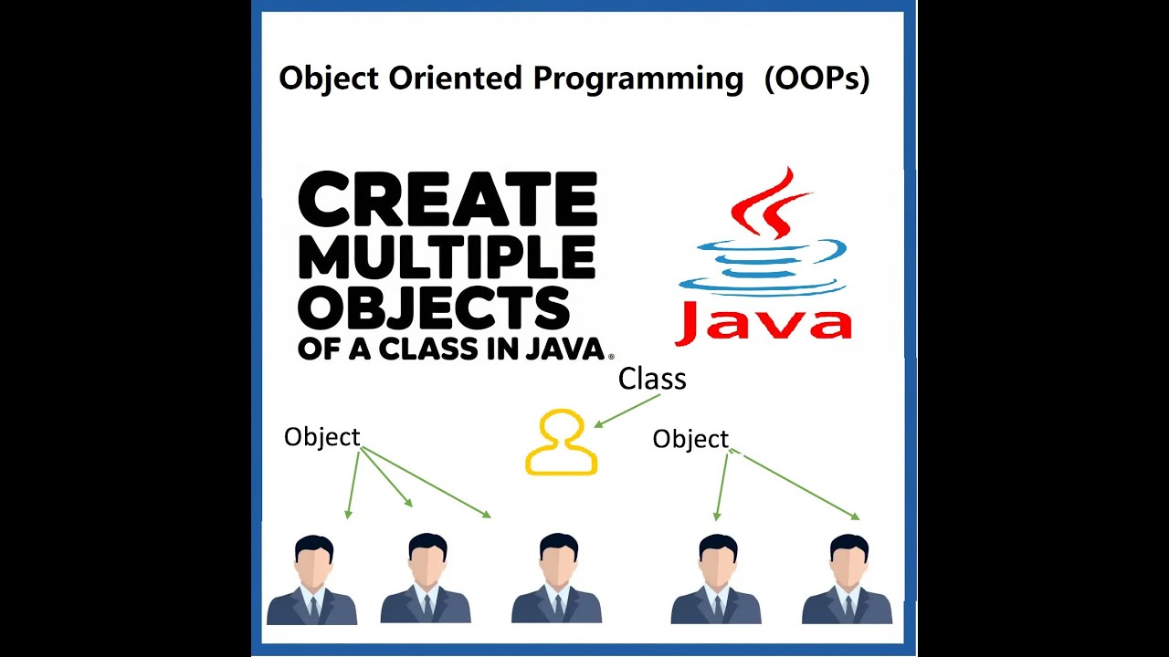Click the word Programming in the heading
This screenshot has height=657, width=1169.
point(638,79)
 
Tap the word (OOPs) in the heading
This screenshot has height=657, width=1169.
point(816,79)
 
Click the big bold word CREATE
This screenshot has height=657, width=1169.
point(448,202)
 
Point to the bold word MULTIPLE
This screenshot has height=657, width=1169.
point(447,257)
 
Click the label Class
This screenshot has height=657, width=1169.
point(652,379)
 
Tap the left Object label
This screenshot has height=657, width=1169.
point(321,437)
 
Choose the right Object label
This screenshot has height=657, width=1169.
point(690,440)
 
